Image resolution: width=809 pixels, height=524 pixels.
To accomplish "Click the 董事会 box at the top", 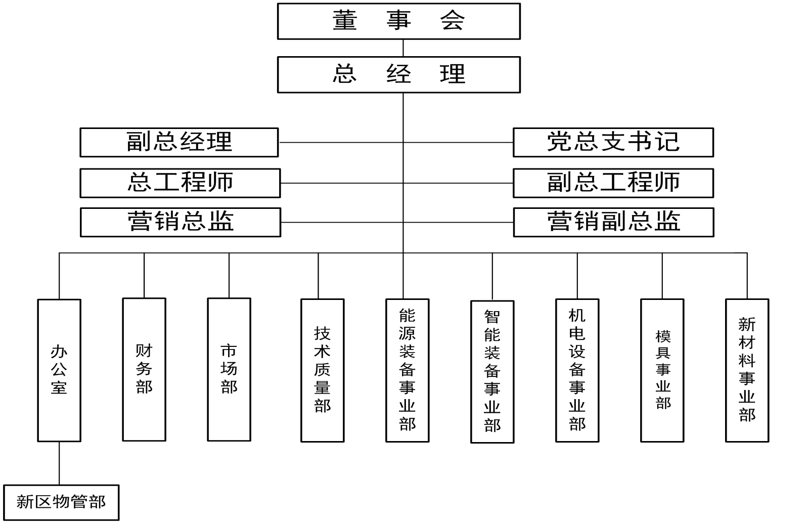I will [398, 21].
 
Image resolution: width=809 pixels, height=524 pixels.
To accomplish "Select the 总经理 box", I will [398, 74].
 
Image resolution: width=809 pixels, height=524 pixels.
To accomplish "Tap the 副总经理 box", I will [179, 142].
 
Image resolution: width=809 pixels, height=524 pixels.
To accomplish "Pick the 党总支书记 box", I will [613, 142].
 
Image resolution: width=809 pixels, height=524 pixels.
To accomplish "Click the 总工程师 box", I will [180, 183].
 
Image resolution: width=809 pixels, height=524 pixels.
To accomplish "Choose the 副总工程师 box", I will [613, 183].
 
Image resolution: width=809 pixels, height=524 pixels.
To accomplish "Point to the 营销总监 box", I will [181, 222].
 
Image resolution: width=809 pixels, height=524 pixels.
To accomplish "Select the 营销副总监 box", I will [613, 222].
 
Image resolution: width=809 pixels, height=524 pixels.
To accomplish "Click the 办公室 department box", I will [59, 370].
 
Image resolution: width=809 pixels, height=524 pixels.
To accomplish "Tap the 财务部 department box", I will [144, 369].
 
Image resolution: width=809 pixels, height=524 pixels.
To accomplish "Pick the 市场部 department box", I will [229, 369].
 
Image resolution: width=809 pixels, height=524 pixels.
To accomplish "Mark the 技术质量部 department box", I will [323, 370].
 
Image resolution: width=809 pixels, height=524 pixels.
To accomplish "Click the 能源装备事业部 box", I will [408, 370].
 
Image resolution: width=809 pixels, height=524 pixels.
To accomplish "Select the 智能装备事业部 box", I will [492, 372].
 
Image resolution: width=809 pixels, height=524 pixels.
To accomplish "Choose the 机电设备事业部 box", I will [577, 370].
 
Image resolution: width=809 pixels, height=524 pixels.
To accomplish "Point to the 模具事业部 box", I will [662, 370].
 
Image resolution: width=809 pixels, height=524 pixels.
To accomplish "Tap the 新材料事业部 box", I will [747, 370].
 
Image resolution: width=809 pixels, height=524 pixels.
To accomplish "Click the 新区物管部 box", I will [61, 502].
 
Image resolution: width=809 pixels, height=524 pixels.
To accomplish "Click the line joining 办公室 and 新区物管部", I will [59, 463].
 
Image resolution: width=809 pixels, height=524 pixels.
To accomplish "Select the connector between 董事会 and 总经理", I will [403, 48].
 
